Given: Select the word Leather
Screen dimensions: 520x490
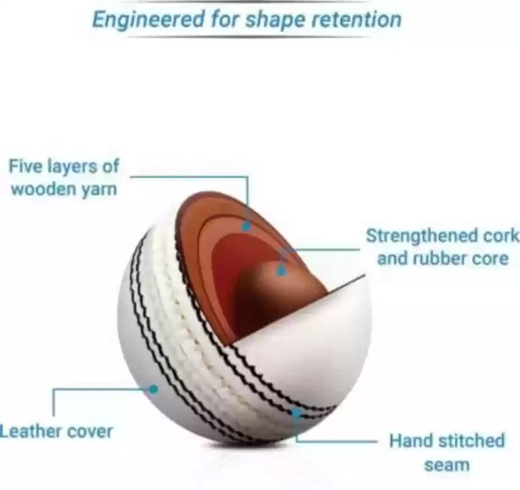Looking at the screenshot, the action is [30, 431].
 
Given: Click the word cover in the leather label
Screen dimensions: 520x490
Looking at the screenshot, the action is [89, 431].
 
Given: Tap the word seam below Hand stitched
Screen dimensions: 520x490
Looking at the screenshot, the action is [447, 464].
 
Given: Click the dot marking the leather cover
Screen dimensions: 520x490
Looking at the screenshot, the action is [154, 388].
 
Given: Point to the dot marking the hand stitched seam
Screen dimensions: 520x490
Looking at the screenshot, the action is [296, 413].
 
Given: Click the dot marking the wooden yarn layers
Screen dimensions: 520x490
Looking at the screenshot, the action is [246, 226].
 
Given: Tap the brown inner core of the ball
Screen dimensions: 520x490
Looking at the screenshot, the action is [275, 294].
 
